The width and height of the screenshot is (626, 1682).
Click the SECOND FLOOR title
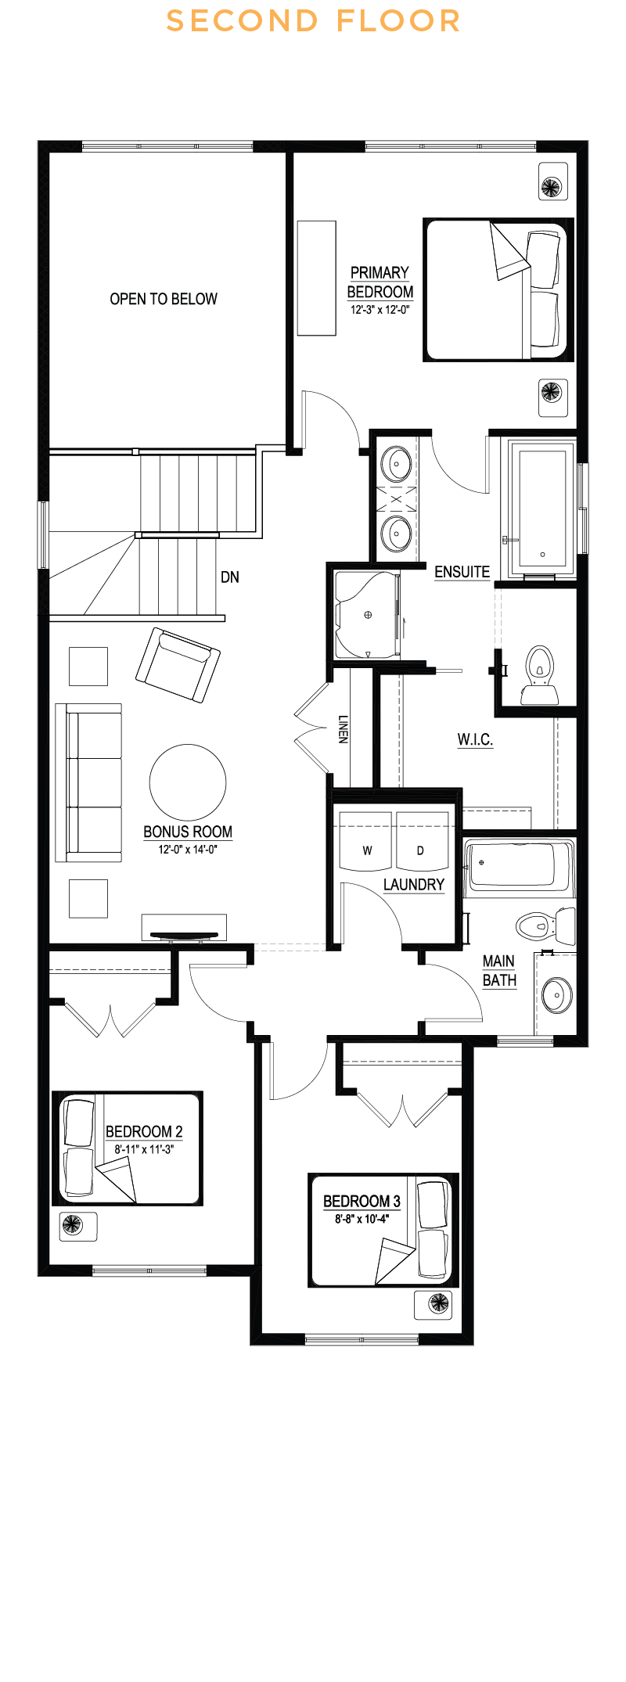coord(313,21)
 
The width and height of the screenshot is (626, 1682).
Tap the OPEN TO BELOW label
coord(164,299)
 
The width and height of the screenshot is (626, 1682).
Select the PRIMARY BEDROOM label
coord(380,282)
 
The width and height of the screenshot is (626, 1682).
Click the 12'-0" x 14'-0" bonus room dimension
coord(188,850)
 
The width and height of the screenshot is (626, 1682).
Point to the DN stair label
coord(230,577)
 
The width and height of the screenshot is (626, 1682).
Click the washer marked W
coord(366,842)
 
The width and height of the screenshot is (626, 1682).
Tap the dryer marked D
coord(422,842)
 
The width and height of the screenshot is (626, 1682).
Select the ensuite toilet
coord(539,677)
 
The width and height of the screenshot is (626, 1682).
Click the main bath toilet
coord(545,926)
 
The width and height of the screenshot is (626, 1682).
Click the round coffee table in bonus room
coord(188,782)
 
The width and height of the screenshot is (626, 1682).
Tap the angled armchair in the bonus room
coord(178,665)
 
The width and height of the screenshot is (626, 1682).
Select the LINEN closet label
coord(343,728)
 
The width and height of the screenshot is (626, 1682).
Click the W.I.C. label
coord(475,739)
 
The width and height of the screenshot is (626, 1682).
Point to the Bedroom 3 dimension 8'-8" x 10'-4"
coord(362,1219)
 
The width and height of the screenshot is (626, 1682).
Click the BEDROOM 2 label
coord(144,1131)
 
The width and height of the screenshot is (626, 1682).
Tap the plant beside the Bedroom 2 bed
coord(73,1224)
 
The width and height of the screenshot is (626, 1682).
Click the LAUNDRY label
coord(414,885)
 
